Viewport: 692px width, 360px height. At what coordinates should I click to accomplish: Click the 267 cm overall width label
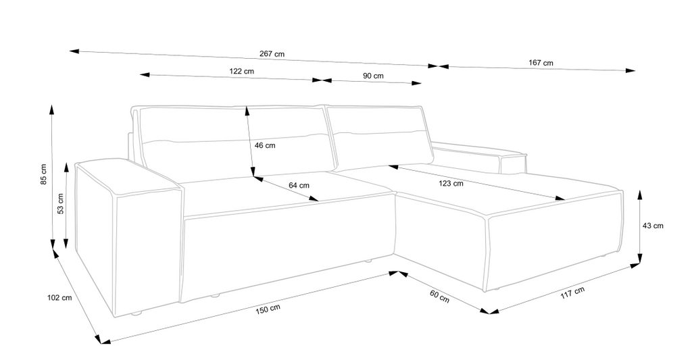tap(272, 54)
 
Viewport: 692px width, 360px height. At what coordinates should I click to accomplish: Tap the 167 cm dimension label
tap(541, 63)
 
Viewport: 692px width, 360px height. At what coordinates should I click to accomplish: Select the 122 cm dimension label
tap(241, 71)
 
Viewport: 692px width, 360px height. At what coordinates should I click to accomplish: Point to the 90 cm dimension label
tap(373, 76)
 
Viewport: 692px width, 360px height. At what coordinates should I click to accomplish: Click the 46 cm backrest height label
tap(265, 145)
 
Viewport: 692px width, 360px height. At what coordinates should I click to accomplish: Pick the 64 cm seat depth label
tap(299, 185)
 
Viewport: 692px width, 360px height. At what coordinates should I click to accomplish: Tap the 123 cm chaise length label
tap(451, 184)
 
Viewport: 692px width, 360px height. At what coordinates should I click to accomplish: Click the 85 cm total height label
tap(43, 174)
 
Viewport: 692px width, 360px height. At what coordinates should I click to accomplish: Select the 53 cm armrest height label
tap(60, 204)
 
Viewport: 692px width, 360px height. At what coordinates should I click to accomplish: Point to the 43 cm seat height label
tap(653, 226)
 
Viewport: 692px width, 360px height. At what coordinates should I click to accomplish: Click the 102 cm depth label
tap(59, 298)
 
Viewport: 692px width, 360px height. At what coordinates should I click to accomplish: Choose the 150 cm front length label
tap(268, 310)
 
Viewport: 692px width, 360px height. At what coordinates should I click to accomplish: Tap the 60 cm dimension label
tap(439, 296)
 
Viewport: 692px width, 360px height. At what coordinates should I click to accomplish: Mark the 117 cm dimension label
tap(572, 292)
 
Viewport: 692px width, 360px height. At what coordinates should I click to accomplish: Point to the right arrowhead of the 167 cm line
tap(631, 71)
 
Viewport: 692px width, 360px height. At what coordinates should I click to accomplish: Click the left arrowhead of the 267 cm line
tap(74, 51)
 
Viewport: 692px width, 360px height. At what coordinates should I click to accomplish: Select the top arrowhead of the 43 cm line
tap(641, 196)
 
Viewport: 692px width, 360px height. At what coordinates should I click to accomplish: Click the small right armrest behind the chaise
tap(480, 156)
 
